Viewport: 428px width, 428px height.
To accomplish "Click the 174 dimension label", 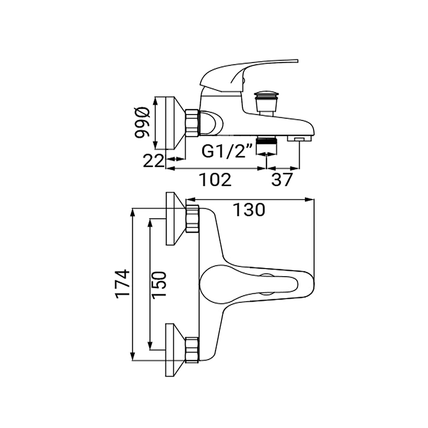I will pyautogui.click(x=123, y=283).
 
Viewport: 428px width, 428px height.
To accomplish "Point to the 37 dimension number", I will pyautogui.click(x=282, y=180).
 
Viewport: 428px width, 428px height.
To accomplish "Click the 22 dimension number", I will pyautogui.click(x=154, y=160).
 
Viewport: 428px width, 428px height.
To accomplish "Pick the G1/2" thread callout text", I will pyautogui.click(x=227, y=152).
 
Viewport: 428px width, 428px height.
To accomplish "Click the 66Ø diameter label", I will pyautogui.click(x=142, y=123).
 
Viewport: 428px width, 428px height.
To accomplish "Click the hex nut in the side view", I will pyautogui.click(x=192, y=123).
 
